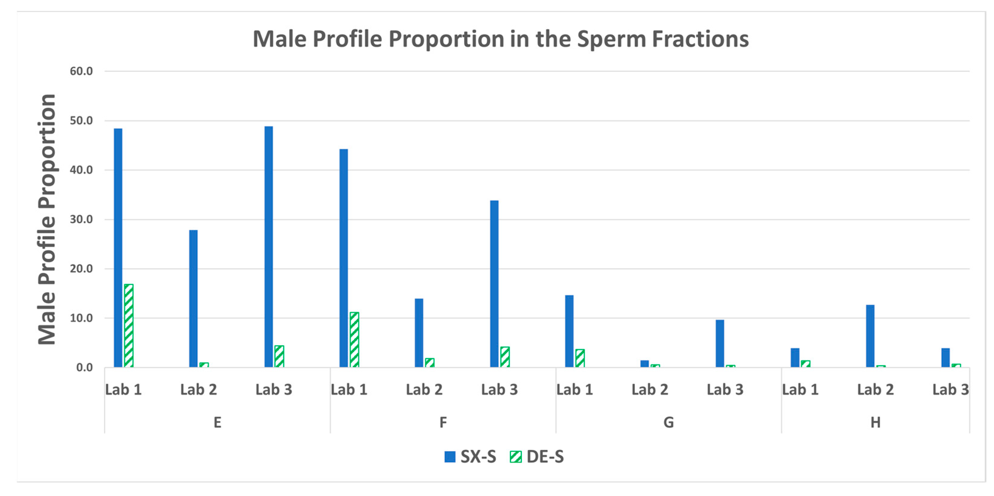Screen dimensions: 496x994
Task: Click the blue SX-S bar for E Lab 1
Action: [118, 247]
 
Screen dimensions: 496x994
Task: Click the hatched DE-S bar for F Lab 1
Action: [354, 339]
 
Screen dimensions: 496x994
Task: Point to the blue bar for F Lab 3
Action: [494, 284]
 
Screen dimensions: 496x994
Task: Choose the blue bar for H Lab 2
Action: [870, 336]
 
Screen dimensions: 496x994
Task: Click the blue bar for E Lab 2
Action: [193, 299]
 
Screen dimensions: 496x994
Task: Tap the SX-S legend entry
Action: [471, 457]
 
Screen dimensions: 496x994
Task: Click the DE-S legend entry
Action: [537, 457]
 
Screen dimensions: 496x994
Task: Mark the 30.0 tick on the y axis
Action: [81, 219]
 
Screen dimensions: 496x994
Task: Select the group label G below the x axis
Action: [668, 422]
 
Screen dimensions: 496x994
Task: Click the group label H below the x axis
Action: [875, 422]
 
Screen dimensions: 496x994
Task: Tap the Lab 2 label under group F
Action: [424, 390]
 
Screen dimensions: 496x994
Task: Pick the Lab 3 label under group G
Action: [725, 390]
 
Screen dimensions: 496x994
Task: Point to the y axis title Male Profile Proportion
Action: [47, 219]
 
